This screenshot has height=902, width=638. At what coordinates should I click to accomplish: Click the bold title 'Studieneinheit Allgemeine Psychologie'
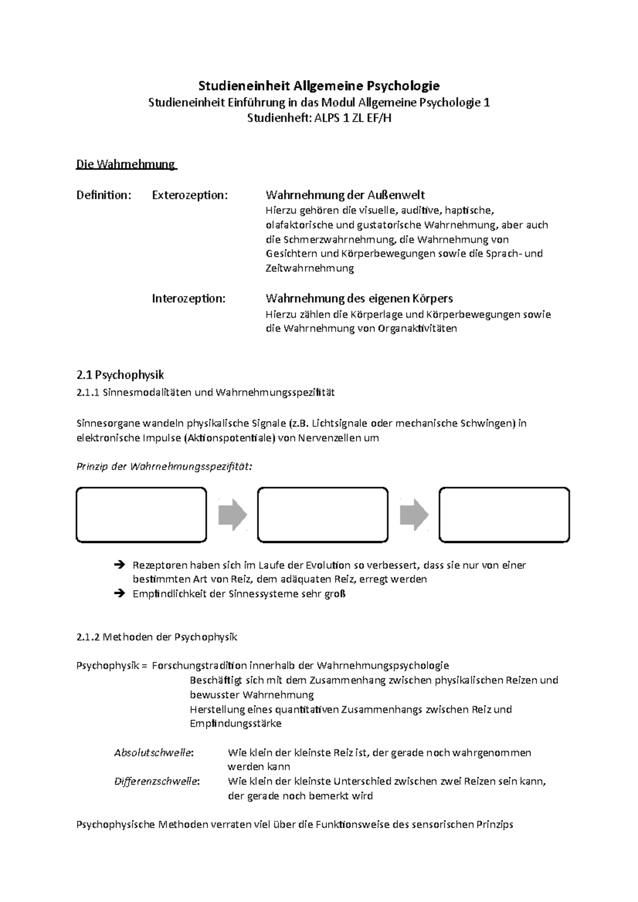coord(319,86)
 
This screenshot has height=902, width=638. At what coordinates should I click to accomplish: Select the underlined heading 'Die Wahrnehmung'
coord(126,164)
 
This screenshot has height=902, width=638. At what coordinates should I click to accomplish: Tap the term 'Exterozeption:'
coord(190,195)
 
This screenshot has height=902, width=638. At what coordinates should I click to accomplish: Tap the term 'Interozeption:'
coord(189,298)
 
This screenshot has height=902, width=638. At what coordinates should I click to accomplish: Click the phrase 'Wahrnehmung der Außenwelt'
coord(345,195)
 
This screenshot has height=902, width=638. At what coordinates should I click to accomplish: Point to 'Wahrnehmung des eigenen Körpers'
coord(359,298)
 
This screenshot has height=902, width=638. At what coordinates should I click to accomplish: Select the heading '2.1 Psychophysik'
coord(120,376)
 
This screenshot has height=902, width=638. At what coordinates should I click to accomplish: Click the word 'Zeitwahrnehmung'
coord(309,268)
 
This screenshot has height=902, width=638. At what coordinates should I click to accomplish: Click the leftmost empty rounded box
coord(141,515)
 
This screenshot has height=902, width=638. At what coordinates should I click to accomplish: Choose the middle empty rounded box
coord(323,515)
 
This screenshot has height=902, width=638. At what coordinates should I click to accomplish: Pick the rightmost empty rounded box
coord(504,515)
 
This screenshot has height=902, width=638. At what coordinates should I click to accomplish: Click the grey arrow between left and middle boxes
coord(232,515)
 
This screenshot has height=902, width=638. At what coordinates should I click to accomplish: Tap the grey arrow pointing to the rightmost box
coord(414,515)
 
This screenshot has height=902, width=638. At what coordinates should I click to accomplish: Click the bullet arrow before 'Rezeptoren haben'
coord(119,565)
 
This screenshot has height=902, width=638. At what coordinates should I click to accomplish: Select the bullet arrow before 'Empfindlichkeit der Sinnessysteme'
coord(119,593)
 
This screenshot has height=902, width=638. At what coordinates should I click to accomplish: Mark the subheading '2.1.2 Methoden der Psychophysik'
coord(157,637)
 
